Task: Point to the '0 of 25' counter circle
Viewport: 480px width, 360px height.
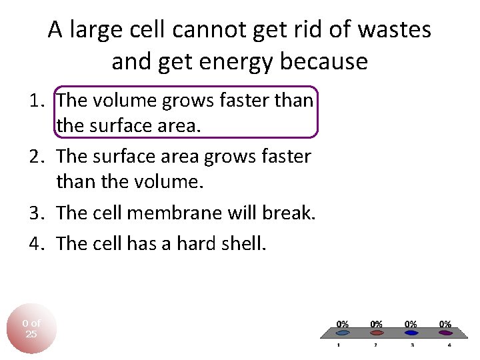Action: [31, 328]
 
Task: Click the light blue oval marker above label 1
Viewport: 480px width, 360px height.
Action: [343, 331]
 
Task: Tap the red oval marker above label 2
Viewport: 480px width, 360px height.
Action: [377, 331]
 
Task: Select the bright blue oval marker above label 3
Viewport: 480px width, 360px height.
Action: [411, 331]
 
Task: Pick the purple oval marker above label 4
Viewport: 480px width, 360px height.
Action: [445, 331]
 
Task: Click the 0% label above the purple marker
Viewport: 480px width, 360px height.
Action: [445, 324]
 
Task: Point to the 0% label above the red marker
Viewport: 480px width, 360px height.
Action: [377, 324]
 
